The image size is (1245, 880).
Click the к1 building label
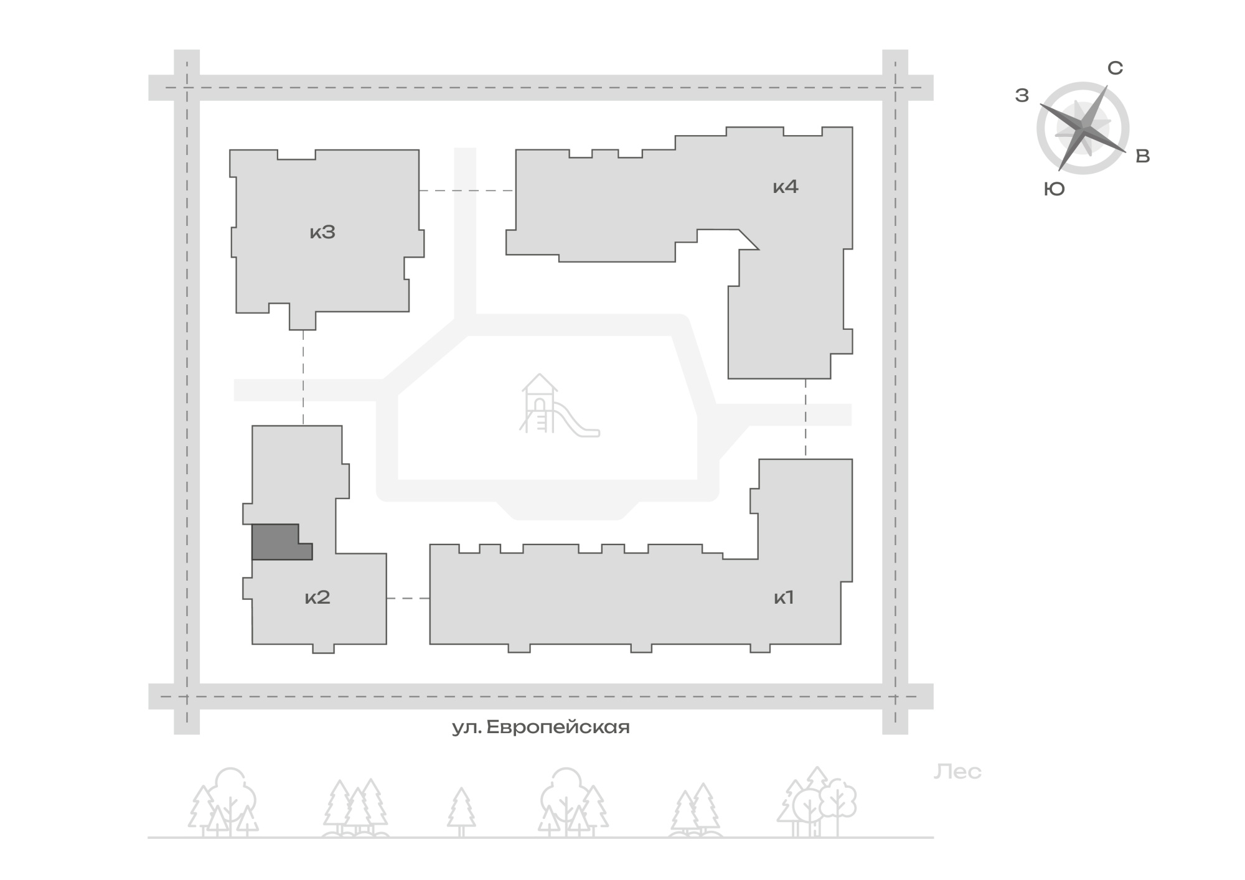tap(784, 598)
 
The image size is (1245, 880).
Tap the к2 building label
tap(317, 598)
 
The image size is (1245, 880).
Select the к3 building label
tap(322, 232)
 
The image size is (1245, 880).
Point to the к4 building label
tap(786, 187)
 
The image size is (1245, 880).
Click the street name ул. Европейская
tap(540, 728)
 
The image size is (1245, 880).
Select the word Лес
tap(957, 772)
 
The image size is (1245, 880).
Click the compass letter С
tap(1116, 68)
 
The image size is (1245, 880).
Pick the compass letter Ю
tap(1055, 189)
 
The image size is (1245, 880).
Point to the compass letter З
tap(1022, 96)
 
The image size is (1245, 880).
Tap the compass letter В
tap(1143, 156)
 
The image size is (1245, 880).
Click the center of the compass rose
tap(1083, 128)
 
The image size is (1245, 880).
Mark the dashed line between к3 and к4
tap(467, 190)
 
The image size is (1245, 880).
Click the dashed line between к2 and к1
tap(408, 598)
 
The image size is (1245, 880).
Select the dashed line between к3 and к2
tap(303, 377)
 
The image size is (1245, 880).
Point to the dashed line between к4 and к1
tap(806, 419)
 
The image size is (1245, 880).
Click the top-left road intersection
tap(187, 88)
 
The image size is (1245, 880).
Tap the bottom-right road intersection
tap(895, 696)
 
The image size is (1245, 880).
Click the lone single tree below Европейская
tap(461, 812)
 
